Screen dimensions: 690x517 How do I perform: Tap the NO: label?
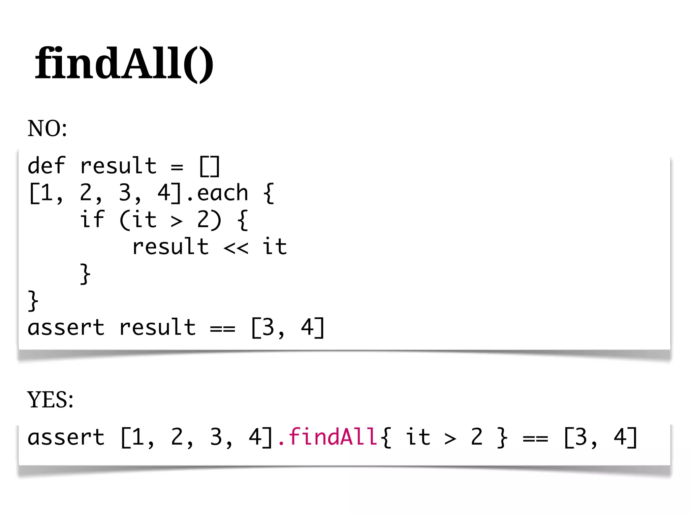[x=47, y=129]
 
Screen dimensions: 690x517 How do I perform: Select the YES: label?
[x=50, y=400]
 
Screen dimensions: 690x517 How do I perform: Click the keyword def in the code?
[x=46, y=166]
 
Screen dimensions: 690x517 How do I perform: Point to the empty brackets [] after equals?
[x=210, y=166]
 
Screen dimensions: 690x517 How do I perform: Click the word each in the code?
[x=222, y=193]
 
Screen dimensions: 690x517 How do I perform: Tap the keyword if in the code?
[x=92, y=220]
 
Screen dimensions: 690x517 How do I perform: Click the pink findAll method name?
[x=332, y=437]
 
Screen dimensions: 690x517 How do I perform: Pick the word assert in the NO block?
[x=66, y=328]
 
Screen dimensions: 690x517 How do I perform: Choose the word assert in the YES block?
[x=66, y=437]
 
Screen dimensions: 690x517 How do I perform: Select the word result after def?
[x=118, y=166]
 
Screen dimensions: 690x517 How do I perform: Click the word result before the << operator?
[x=170, y=247]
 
